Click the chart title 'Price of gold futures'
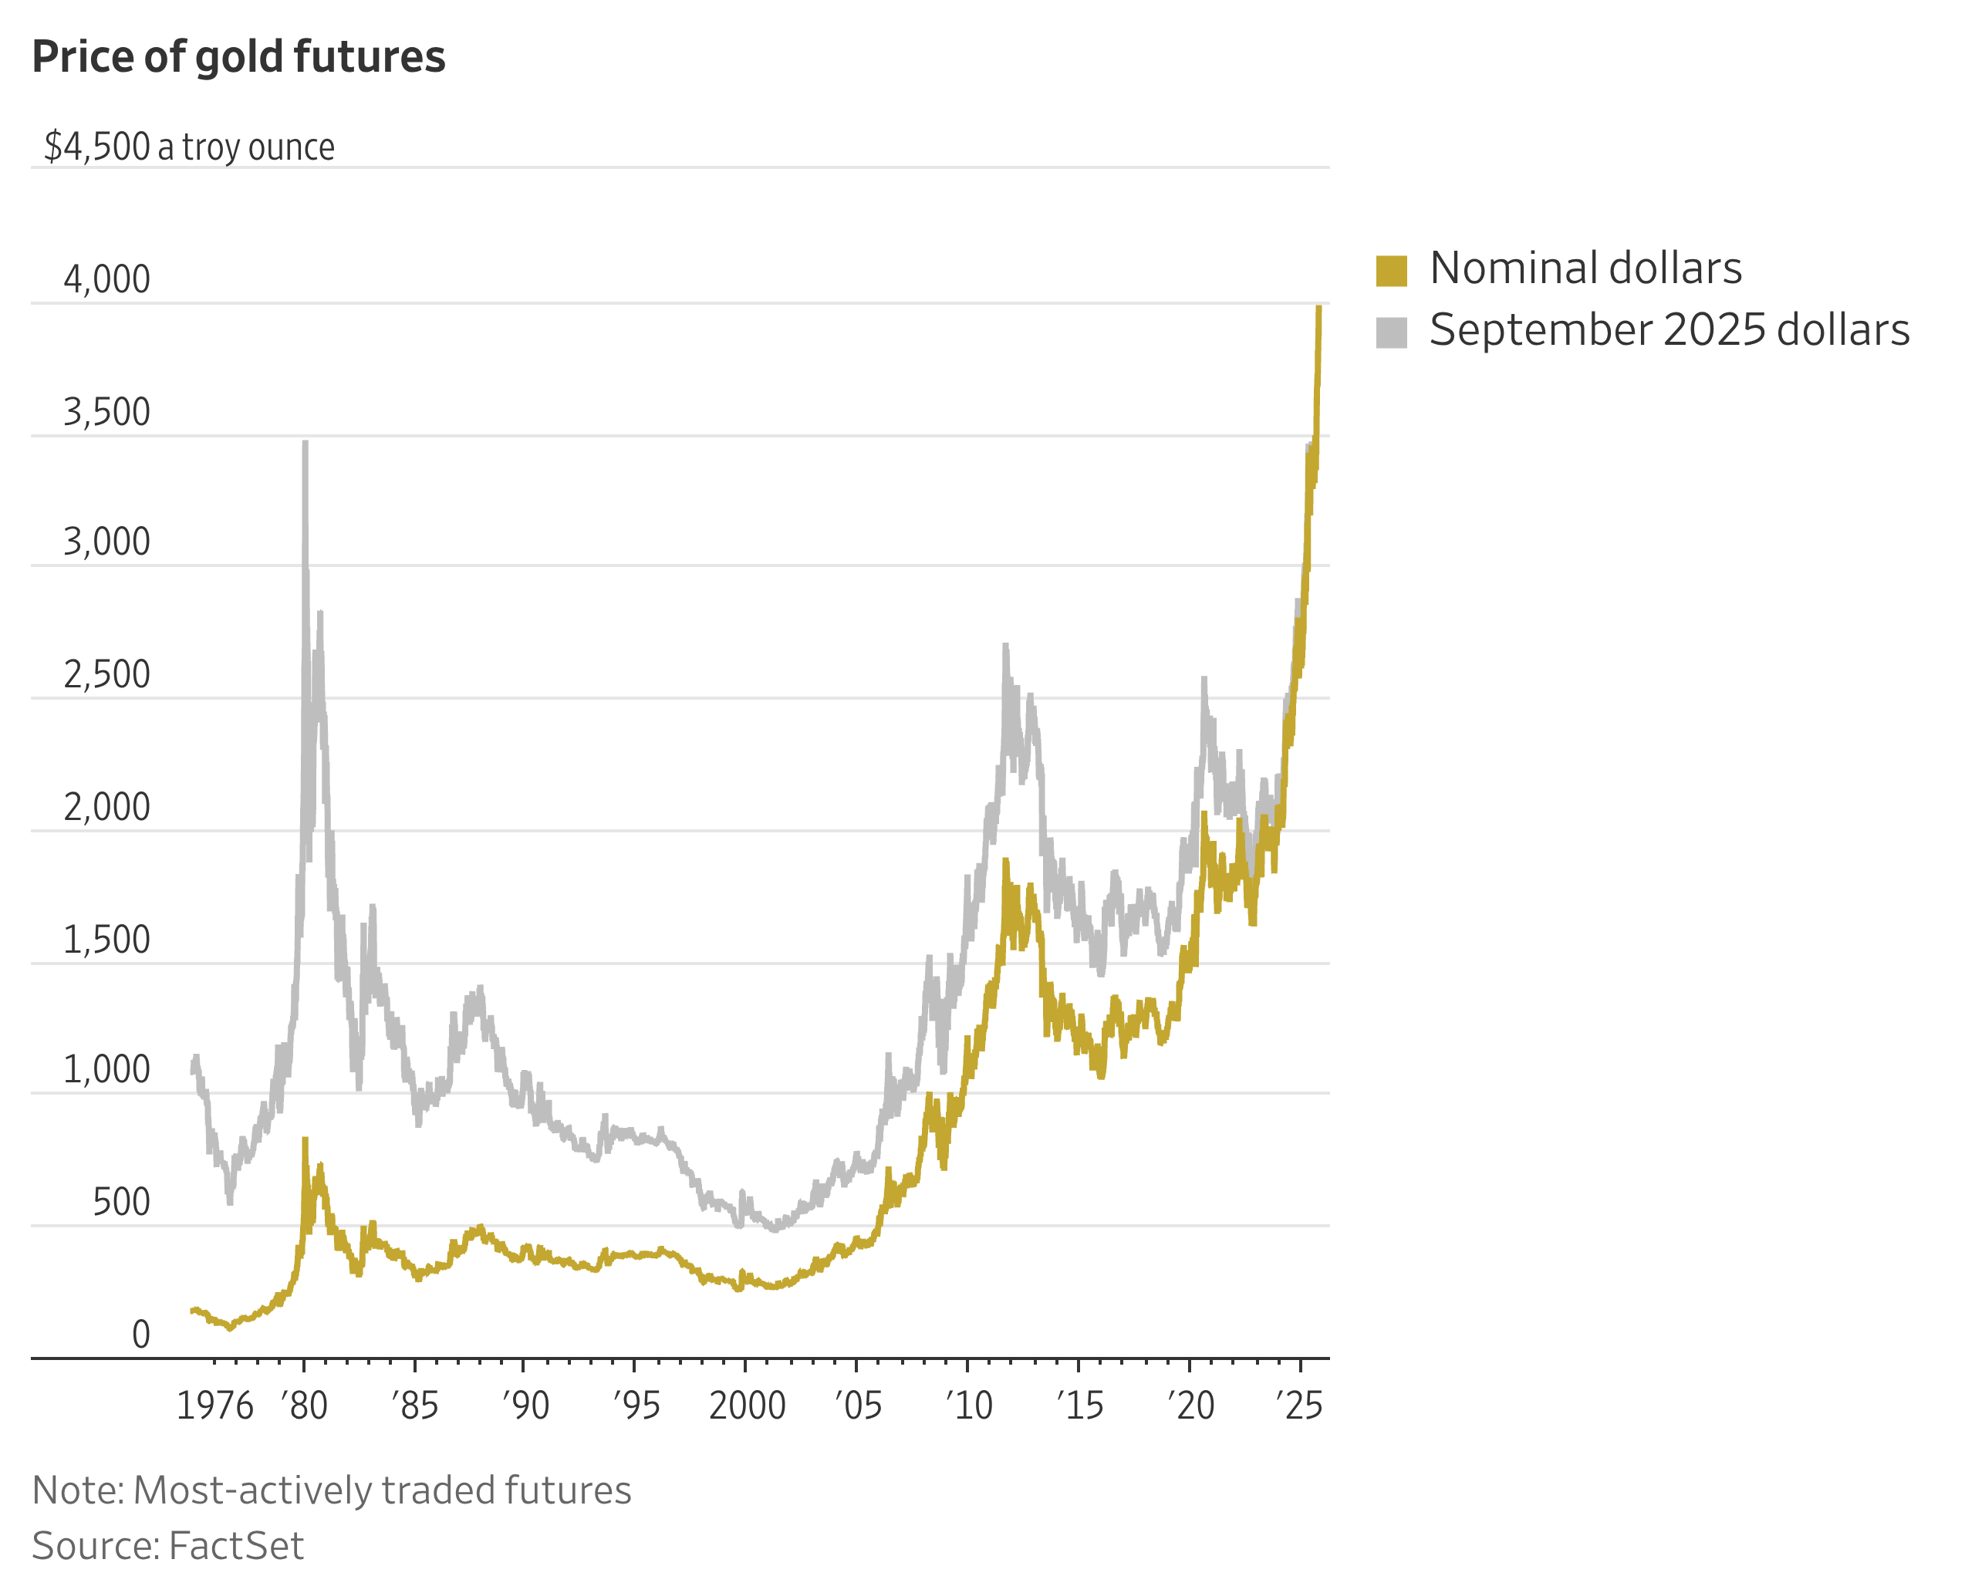coord(238,57)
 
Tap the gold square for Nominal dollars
coord(1391,271)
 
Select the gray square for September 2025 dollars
coord(1391,332)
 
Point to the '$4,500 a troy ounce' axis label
coord(189,147)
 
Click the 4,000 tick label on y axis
coord(106,280)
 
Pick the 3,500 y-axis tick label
coord(106,413)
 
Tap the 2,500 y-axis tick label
coord(106,675)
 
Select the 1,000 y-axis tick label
coord(106,1070)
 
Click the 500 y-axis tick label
coord(121,1202)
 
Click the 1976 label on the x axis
coord(214,1406)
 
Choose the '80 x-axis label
coord(305,1406)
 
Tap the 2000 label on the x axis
coord(747,1406)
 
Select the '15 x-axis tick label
coord(1079,1406)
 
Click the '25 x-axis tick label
coord(1301,1406)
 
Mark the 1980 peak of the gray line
coord(305,444)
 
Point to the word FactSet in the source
coord(236,1546)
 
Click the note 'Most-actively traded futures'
coord(382,1490)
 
